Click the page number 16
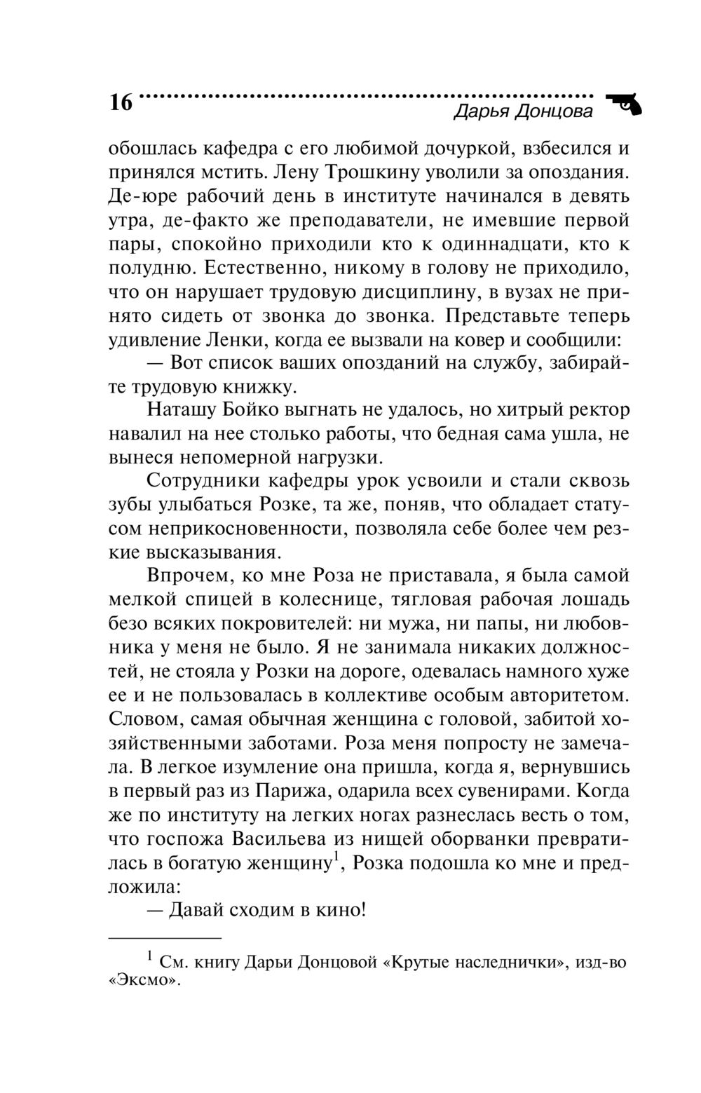tap(120, 103)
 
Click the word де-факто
tap(198, 220)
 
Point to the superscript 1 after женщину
tap(336, 856)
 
